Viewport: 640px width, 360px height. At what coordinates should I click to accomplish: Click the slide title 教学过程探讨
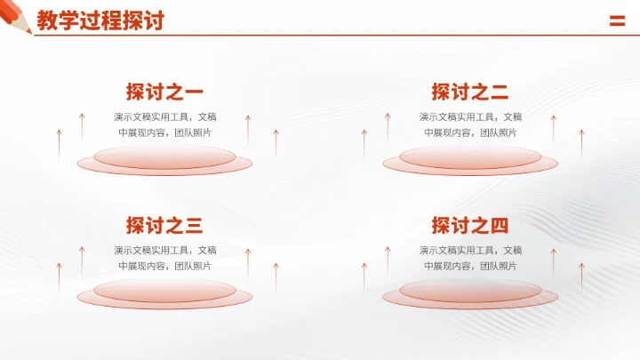click(100, 20)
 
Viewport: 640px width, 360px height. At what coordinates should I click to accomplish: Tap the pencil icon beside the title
click(16, 16)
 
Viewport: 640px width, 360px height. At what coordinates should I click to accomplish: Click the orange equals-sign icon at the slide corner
click(617, 22)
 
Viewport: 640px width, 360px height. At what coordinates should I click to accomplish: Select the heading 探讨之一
click(164, 92)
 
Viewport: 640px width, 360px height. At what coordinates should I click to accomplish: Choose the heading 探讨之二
click(470, 92)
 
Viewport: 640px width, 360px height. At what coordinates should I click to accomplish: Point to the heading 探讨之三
click(164, 225)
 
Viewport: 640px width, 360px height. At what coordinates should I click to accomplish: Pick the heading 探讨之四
click(470, 225)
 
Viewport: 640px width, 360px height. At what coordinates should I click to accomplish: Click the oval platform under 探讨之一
click(164, 161)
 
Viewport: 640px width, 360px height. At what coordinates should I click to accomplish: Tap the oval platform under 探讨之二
click(470, 161)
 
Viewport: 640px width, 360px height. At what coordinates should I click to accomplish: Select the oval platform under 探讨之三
click(164, 293)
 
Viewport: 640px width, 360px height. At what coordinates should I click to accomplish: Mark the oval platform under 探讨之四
click(470, 293)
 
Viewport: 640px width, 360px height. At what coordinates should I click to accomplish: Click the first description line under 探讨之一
click(164, 116)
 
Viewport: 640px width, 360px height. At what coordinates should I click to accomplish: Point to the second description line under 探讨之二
click(470, 132)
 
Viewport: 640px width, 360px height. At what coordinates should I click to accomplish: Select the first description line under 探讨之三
click(164, 250)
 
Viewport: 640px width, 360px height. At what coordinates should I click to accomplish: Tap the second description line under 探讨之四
click(470, 266)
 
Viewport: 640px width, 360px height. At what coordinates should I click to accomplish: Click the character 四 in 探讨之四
click(499, 225)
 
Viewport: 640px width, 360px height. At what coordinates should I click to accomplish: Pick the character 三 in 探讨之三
click(193, 225)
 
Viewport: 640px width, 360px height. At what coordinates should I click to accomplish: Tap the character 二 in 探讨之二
click(499, 92)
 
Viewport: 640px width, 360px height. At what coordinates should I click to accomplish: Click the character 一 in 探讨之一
click(193, 92)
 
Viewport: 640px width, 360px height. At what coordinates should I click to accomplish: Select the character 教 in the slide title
click(47, 20)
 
